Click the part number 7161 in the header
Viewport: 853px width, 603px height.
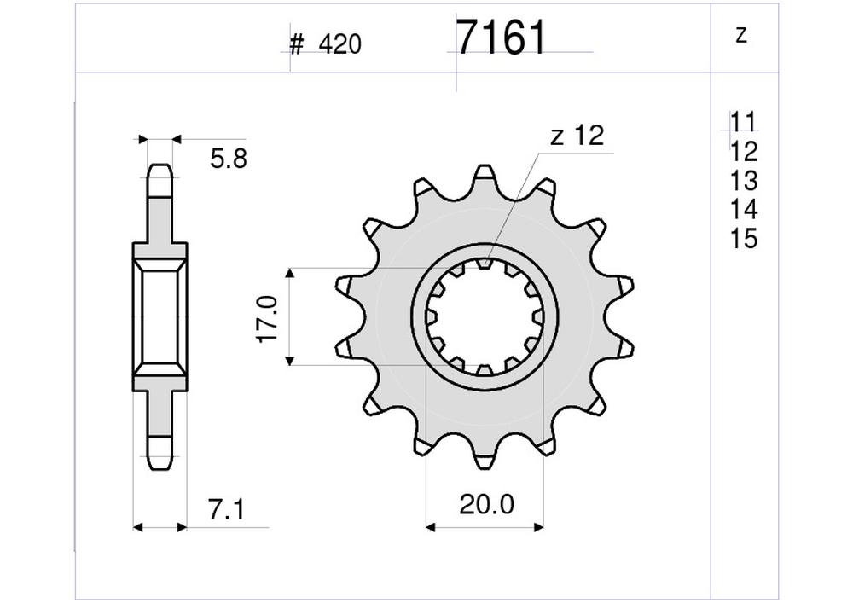[501, 38]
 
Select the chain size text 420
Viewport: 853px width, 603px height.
[340, 45]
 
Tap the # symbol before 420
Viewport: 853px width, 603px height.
[296, 45]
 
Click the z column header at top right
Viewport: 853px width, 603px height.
[740, 36]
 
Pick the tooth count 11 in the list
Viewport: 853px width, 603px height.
[743, 122]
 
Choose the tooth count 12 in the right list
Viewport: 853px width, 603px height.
[744, 152]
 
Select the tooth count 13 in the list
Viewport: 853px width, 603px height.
[744, 181]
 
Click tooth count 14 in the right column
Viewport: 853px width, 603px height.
[744, 210]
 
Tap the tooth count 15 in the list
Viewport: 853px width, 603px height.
[744, 239]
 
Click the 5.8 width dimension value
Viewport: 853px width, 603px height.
[229, 159]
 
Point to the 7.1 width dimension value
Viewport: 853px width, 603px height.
[226, 510]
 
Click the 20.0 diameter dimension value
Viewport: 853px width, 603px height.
[487, 505]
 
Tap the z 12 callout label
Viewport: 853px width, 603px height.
[577, 136]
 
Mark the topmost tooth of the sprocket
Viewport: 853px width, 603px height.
[485, 173]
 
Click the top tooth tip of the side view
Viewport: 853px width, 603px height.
[160, 171]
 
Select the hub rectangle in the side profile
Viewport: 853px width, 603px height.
[160, 316]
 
